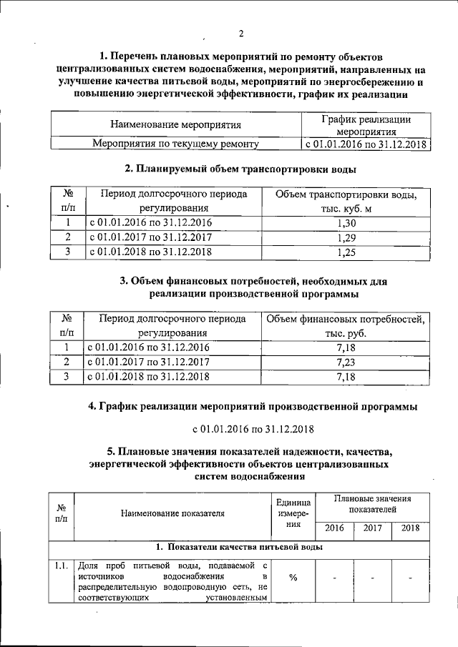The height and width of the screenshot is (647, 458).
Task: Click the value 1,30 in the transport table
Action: point(346,222)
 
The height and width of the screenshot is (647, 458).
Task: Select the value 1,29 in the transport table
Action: point(346,237)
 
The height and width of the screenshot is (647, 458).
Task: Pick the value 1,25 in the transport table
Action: point(346,252)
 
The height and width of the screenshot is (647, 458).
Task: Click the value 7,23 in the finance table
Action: point(346,362)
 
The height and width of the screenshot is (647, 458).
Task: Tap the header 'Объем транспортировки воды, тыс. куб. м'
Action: point(346,201)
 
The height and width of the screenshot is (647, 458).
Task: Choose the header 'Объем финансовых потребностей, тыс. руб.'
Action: point(346,325)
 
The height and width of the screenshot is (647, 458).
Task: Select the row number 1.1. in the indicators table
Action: point(62,567)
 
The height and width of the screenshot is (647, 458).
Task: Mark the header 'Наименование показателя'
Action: point(172,513)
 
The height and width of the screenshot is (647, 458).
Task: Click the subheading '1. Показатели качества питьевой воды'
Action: point(239,547)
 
